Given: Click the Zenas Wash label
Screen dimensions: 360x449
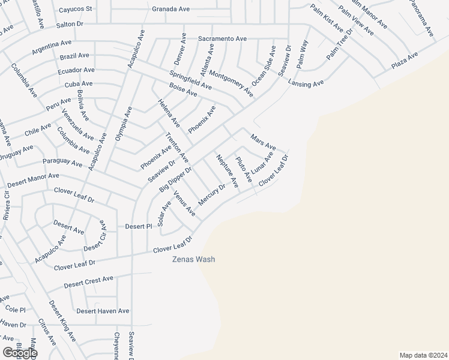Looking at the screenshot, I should point(193,259).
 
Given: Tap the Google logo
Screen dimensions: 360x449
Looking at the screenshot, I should point(20,353).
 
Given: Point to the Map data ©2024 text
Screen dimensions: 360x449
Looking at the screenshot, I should point(424,355).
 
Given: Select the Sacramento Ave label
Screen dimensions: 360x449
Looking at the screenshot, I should point(223,38).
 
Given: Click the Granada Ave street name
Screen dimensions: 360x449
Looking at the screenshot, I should point(171,9).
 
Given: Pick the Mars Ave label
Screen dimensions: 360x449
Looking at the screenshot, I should point(263,143).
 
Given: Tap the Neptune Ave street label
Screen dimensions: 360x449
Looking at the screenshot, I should point(227,171).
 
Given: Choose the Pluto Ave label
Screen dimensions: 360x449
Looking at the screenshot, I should point(244,169).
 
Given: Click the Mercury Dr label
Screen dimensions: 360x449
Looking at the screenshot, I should point(211,194).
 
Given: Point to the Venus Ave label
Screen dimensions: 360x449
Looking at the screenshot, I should point(184,203).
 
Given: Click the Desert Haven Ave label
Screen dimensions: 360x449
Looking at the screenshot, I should point(103,311).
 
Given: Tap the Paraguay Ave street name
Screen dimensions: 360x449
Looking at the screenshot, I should point(62,163).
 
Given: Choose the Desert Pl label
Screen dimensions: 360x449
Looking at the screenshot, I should point(138,226).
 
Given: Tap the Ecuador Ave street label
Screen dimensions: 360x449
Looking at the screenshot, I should point(77,70).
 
